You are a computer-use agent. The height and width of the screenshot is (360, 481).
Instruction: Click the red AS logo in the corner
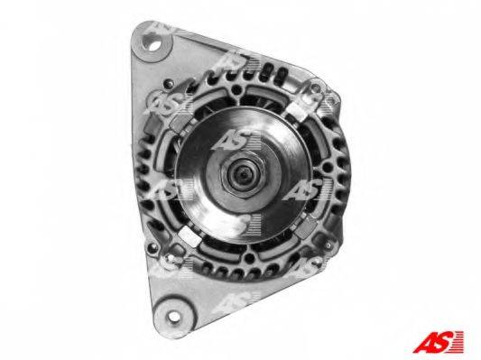click(438, 342)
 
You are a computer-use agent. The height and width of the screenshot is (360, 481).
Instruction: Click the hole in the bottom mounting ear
click(173, 316)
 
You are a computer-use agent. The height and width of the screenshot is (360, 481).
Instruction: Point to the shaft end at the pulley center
click(243, 174)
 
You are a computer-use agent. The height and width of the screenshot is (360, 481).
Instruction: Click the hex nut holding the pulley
click(243, 175)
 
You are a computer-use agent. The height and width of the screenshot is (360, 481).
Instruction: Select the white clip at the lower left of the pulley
click(190, 235)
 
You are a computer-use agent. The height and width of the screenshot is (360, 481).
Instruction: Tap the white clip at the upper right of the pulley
click(298, 108)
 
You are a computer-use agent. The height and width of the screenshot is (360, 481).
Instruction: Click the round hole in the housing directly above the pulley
click(236, 89)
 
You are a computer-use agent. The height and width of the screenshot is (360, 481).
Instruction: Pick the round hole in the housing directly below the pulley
click(249, 259)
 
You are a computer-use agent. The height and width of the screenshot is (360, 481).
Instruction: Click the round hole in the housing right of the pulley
click(328, 167)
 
